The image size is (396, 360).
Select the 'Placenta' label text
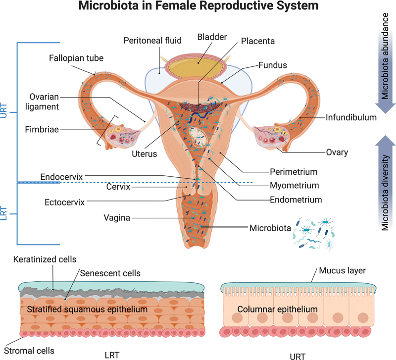(x=258, y=41)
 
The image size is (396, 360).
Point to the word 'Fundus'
(x=272, y=64)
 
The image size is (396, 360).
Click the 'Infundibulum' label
(x=351, y=118)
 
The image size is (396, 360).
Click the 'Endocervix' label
(x=62, y=176)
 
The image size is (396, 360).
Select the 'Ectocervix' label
(x=65, y=202)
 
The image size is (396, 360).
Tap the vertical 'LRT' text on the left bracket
(x=5, y=213)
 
